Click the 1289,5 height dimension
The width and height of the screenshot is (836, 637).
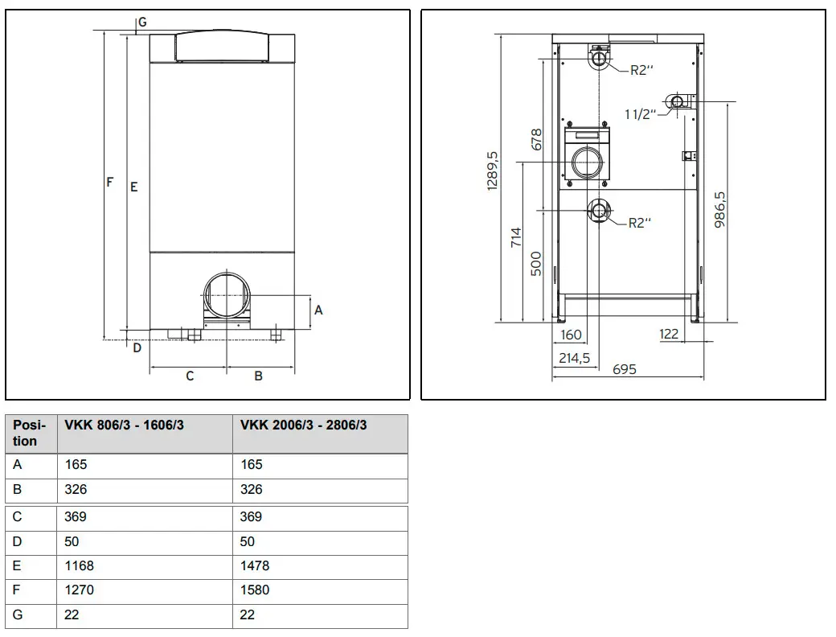click(x=492, y=171)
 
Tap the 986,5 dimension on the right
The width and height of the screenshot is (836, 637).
click(x=719, y=210)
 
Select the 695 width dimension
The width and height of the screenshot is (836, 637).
click(x=625, y=369)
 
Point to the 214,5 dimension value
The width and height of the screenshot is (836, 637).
click(x=574, y=358)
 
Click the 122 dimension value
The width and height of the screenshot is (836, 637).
click(x=669, y=334)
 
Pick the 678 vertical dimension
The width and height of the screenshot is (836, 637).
click(x=536, y=139)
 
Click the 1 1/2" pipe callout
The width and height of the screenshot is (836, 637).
click(x=641, y=113)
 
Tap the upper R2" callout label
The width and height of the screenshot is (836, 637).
click(x=641, y=70)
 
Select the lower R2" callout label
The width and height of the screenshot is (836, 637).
click(x=640, y=223)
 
